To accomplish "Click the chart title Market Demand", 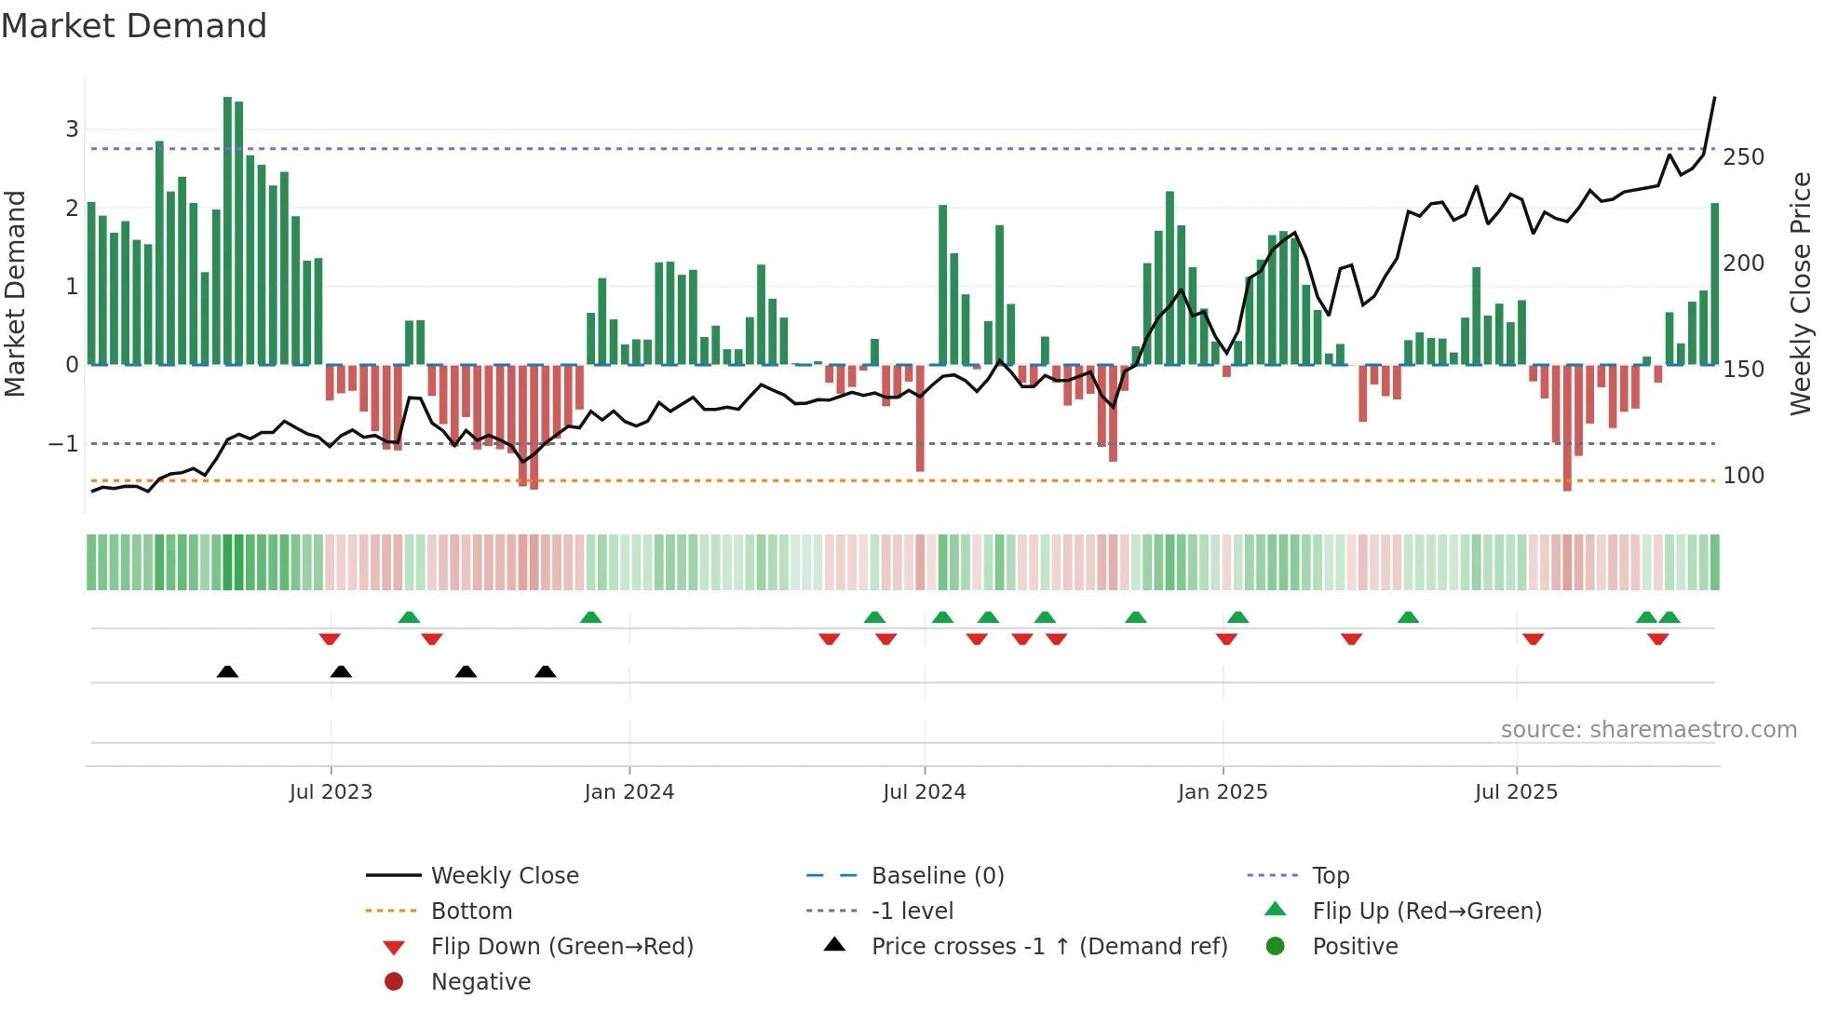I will tap(134, 26).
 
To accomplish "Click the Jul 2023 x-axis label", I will tap(331, 792).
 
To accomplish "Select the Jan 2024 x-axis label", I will tap(629, 792).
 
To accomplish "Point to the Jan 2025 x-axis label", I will tap(1222, 792).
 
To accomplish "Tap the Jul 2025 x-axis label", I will tap(1516, 792).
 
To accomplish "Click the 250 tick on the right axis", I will tap(1743, 157).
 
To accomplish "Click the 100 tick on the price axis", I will tap(1743, 476).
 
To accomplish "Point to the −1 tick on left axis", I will tap(63, 444).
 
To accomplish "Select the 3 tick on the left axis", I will tap(72, 129).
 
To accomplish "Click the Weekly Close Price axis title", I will tap(1801, 293).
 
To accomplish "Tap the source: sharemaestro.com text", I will tap(1648, 730).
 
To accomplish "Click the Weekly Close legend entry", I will tap(504, 876).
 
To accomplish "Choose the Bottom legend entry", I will tap(471, 911).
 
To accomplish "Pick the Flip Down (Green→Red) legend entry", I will tap(561, 947).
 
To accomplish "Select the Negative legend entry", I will tap(480, 982).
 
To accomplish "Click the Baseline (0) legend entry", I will tap(937, 876).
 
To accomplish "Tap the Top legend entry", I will tap(1330, 876).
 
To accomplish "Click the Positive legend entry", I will tap(1355, 947).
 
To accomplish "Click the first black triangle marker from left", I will tap(227, 671).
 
